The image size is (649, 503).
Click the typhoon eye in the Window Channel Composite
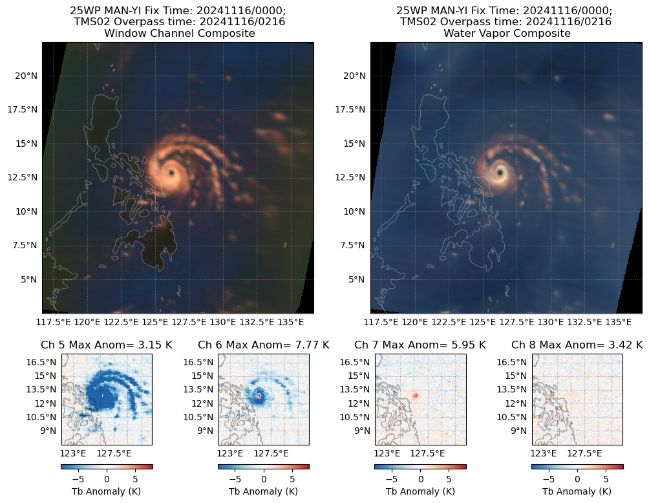171,173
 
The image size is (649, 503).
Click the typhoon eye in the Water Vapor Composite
499,172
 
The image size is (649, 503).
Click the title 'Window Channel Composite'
180,33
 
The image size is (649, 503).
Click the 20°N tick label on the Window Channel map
27,76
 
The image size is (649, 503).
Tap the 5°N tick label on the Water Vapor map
357,279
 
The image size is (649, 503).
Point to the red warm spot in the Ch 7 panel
416,395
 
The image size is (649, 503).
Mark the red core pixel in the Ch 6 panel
259,395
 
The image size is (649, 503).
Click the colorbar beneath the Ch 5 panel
107,466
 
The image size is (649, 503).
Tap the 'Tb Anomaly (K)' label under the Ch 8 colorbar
577,491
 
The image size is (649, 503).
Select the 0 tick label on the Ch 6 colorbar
263,479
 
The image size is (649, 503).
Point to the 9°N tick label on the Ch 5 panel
48,431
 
